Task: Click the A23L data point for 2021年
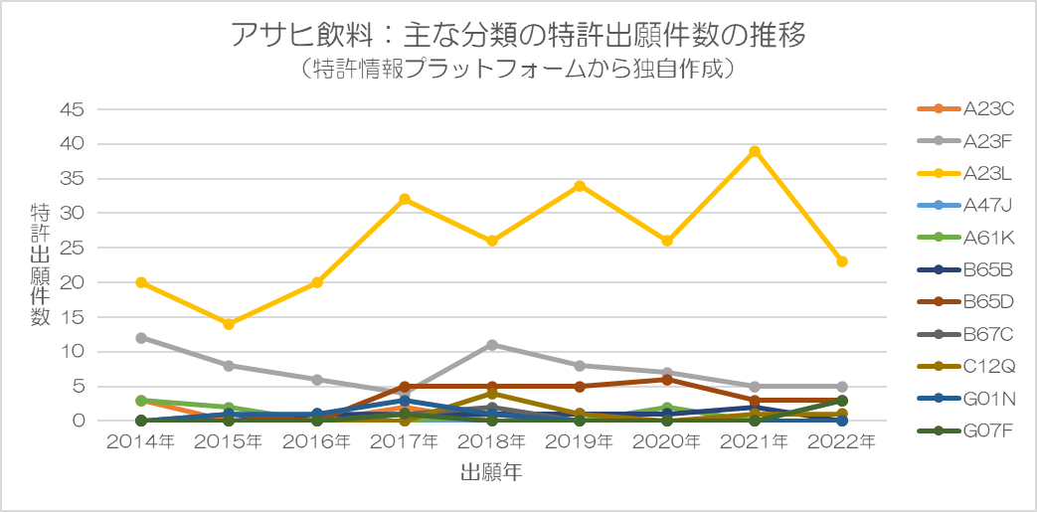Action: (755, 151)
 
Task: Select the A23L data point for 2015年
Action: (229, 324)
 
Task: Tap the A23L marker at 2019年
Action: (580, 186)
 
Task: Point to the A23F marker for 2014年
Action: (141, 338)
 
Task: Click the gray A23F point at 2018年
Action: (492, 345)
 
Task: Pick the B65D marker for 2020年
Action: (667, 380)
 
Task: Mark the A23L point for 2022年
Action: (842, 261)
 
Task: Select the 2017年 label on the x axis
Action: (405, 441)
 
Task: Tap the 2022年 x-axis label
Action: (842, 441)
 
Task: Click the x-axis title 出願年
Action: (491, 473)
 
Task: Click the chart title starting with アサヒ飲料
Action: (517, 35)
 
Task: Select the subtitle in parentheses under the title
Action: (517, 70)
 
